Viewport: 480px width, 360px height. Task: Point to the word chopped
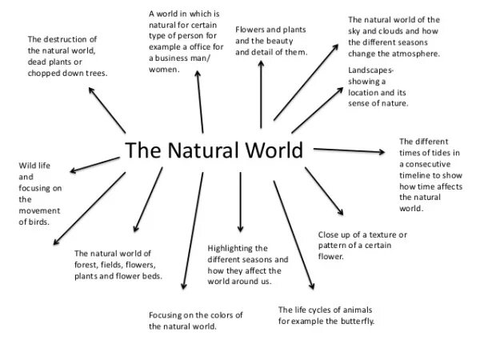(44, 73)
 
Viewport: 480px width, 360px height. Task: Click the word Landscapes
(372, 70)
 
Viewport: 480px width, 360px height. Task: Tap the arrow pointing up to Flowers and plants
(261, 96)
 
